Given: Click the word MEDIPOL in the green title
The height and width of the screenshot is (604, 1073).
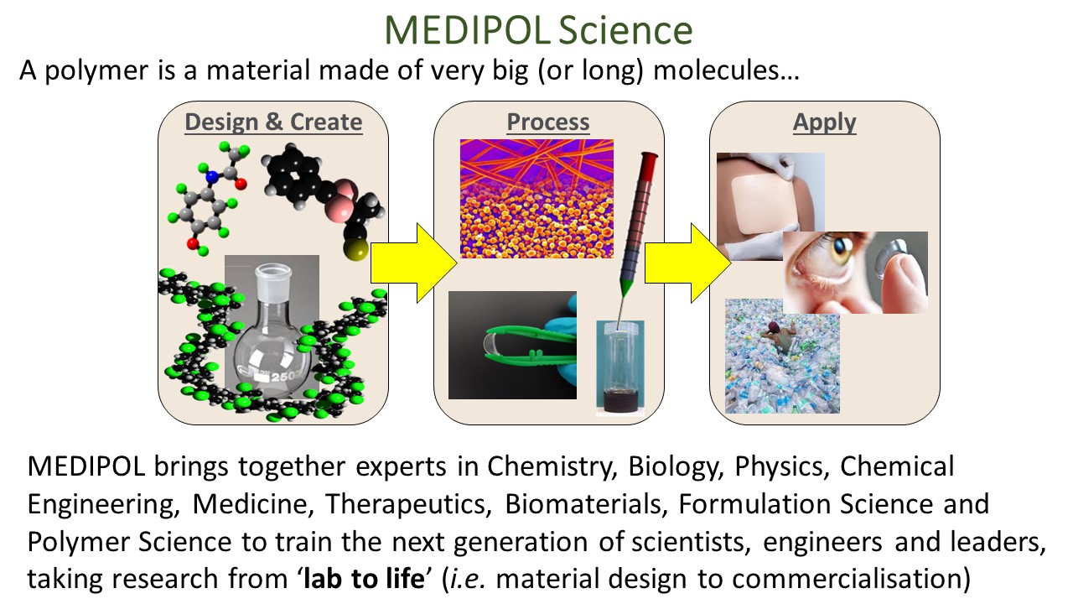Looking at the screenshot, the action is pos(466,30).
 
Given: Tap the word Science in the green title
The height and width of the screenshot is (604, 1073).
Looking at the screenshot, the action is pos(625,30).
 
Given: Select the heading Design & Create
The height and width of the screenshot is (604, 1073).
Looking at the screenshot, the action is pos(273,122).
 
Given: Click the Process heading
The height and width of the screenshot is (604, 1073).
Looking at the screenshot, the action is pos(548,122).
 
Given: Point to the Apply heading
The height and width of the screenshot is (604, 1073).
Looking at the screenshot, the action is pos(824,122).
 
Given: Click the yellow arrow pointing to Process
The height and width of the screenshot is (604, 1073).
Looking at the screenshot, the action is pos(414,263).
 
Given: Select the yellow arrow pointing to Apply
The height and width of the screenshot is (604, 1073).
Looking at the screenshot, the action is pos(688,263).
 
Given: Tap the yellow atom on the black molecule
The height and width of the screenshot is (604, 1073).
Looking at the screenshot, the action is pos(355,249).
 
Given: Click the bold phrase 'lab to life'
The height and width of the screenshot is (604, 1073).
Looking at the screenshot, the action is pos(364,579).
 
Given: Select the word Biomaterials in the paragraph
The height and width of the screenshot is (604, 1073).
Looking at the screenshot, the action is pos(586,504).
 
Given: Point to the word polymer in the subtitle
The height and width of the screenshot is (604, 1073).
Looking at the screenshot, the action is pos(96,71).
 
